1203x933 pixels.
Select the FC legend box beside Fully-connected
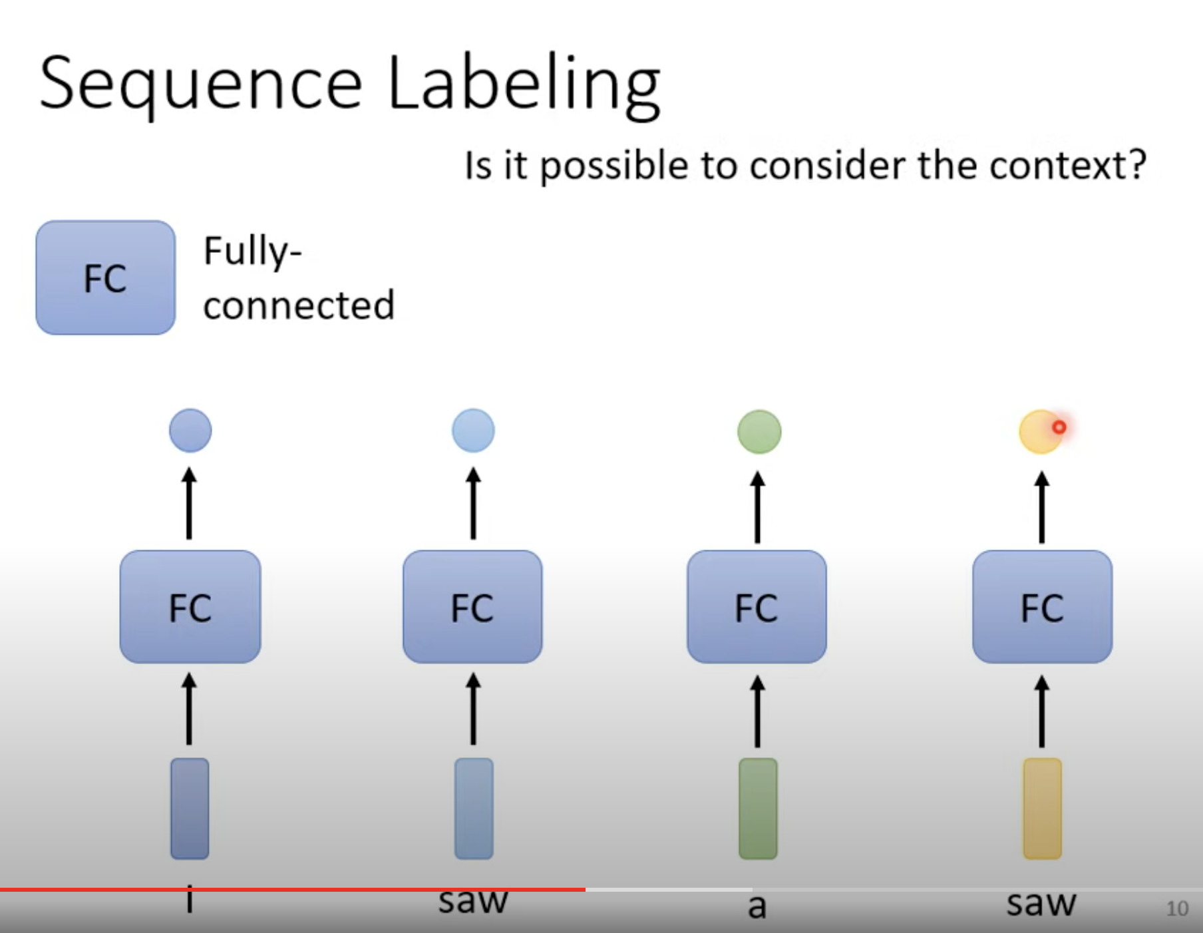pyautogui.click(x=105, y=278)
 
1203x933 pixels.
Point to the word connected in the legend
pyautogui.click(x=299, y=305)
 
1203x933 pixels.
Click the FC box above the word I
pyautogui.click(x=190, y=606)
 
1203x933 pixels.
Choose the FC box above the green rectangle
pyautogui.click(x=757, y=606)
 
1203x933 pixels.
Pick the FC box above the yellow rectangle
pyautogui.click(x=1042, y=606)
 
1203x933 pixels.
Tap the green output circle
pyautogui.click(x=759, y=431)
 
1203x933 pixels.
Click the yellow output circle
pyautogui.click(x=1038, y=433)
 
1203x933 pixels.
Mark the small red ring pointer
pyautogui.click(x=1059, y=427)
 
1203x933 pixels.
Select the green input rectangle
pyautogui.click(x=758, y=808)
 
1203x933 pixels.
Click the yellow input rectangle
pyautogui.click(x=1042, y=808)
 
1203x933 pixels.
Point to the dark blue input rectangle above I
pyautogui.click(x=190, y=808)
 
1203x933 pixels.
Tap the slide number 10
pyautogui.click(x=1176, y=908)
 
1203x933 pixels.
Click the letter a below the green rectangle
pyautogui.click(x=757, y=906)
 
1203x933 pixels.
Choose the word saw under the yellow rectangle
pyautogui.click(x=1041, y=904)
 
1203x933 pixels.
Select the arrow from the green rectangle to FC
pyautogui.click(x=757, y=711)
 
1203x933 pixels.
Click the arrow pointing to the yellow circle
pyautogui.click(x=1042, y=507)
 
